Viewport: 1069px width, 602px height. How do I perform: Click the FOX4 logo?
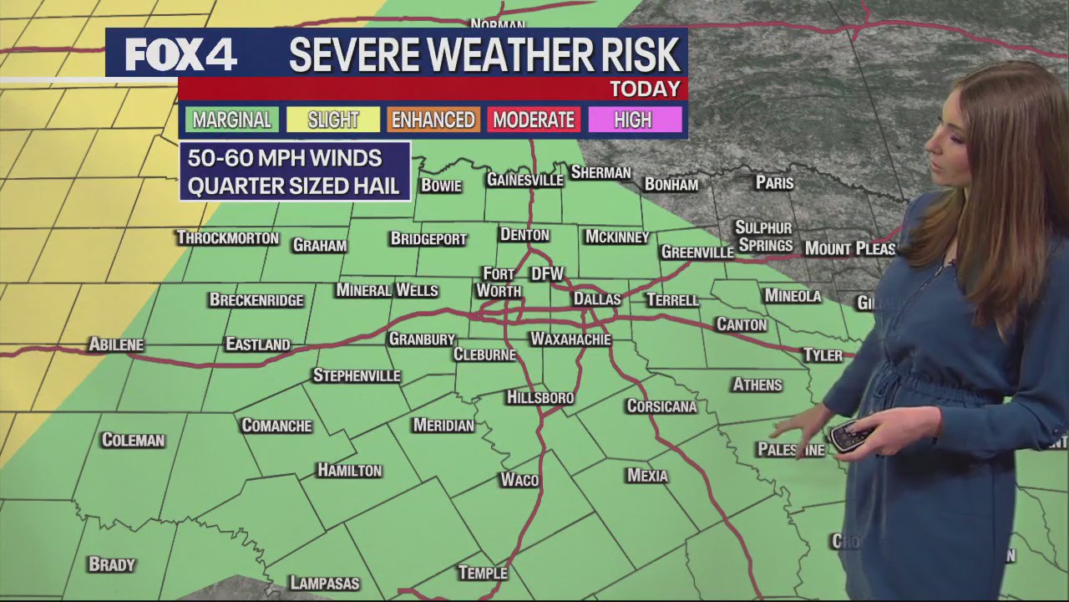click(181, 54)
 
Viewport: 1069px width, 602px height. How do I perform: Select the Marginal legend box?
click(232, 120)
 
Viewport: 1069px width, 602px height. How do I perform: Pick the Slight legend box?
click(333, 120)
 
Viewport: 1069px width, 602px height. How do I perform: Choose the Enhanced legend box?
click(433, 120)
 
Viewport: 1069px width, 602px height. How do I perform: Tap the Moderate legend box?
click(534, 120)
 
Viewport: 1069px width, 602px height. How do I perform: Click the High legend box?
click(633, 120)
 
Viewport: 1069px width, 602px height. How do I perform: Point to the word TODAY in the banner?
click(645, 89)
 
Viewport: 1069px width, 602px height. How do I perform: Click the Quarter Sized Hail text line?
click(293, 186)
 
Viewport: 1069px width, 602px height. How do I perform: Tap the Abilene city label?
click(116, 344)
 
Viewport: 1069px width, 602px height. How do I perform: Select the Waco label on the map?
click(519, 480)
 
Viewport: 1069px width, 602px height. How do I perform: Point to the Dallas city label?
click(597, 299)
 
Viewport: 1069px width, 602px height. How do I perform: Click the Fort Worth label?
click(499, 283)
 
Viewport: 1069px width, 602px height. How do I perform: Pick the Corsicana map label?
click(661, 406)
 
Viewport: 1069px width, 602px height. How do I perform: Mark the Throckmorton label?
click(228, 238)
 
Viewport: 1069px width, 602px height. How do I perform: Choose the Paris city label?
click(774, 182)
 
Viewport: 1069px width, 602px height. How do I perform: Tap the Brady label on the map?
click(112, 565)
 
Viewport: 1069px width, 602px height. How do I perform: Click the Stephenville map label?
click(357, 375)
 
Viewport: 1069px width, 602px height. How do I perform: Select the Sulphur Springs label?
click(764, 237)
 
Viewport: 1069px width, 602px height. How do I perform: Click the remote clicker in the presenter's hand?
click(849, 436)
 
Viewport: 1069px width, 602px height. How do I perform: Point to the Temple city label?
click(483, 573)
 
